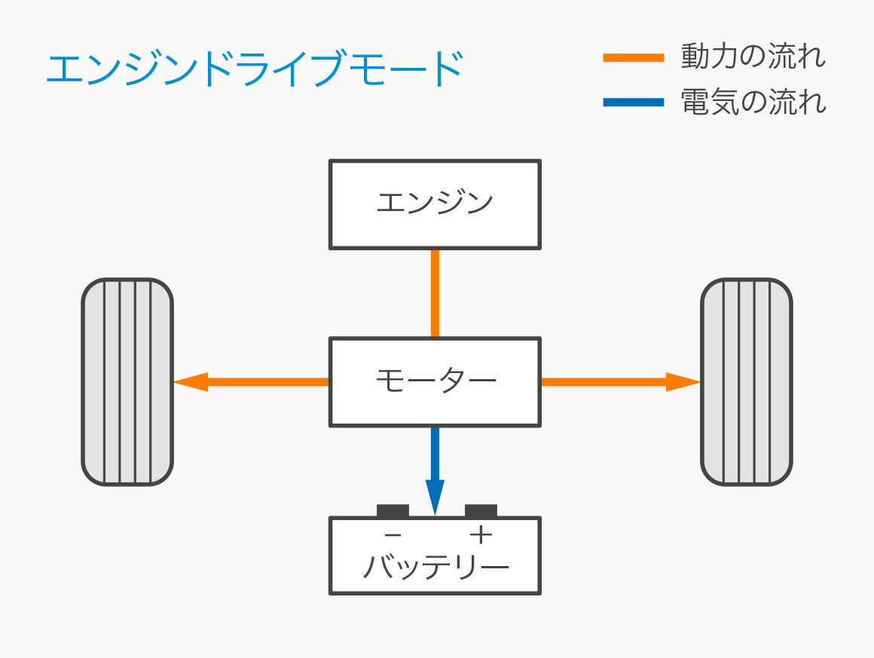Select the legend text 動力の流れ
point(753,57)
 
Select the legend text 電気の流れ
point(753,102)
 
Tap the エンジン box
point(435,204)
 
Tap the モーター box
point(435,381)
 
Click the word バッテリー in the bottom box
point(435,567)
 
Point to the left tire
point(127,381)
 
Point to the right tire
point(746,381)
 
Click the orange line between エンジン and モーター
point(435,293)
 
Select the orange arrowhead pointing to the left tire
point(190,382)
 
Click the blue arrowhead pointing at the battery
point(435,497)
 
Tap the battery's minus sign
point(393,535)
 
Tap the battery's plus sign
point(481,535)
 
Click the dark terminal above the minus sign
point(393,511)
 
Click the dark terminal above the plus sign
point(481,511)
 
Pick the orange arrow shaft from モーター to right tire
point(603,382)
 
